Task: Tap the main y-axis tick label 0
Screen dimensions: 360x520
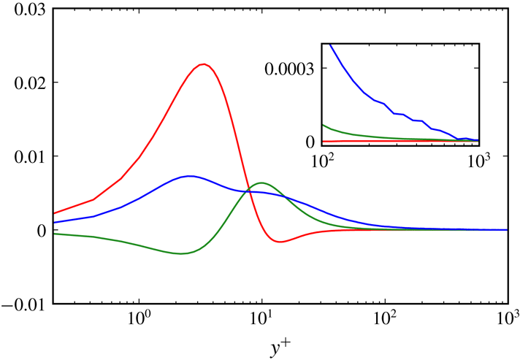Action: click(x=41, y=230)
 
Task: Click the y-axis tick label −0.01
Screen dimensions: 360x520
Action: click(x=24, y=304)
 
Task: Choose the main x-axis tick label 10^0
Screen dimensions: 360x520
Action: click(x=138, y=320)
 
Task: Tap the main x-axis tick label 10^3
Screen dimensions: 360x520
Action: click(x=506, y=320)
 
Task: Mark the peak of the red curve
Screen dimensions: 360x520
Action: click(x=204, y=64)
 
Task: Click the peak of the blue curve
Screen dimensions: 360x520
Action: click(x=189, y=176)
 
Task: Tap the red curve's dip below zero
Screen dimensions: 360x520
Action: click(x=280, y=242)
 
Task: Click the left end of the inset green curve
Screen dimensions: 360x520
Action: click(x=323, y=124)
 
